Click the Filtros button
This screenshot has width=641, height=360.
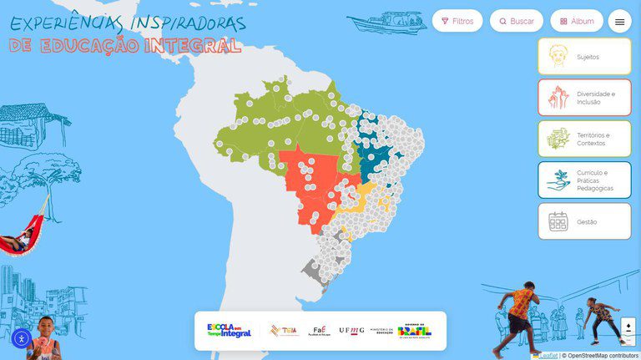coord(457,21)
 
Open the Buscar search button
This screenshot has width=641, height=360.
coord(517,21)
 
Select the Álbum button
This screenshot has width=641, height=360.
coord(577,21)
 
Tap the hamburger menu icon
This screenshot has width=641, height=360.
coord(619,22)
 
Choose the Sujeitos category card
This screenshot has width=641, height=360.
coord(584,57)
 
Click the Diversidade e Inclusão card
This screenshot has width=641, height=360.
coord(584,97)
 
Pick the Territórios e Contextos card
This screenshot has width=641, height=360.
coord(584,139)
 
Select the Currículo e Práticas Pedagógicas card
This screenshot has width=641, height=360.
coord(584,180)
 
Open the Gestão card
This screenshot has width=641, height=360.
coord(584,221)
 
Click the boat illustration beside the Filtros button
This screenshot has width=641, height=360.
coord(386,21)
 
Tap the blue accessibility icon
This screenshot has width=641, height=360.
coord(22,338)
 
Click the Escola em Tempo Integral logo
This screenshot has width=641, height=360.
coord(229,331)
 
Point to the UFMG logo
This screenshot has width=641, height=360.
coord(351,331)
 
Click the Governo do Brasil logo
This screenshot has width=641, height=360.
coord(415,331)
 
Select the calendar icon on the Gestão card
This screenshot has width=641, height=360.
coord(558,221)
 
